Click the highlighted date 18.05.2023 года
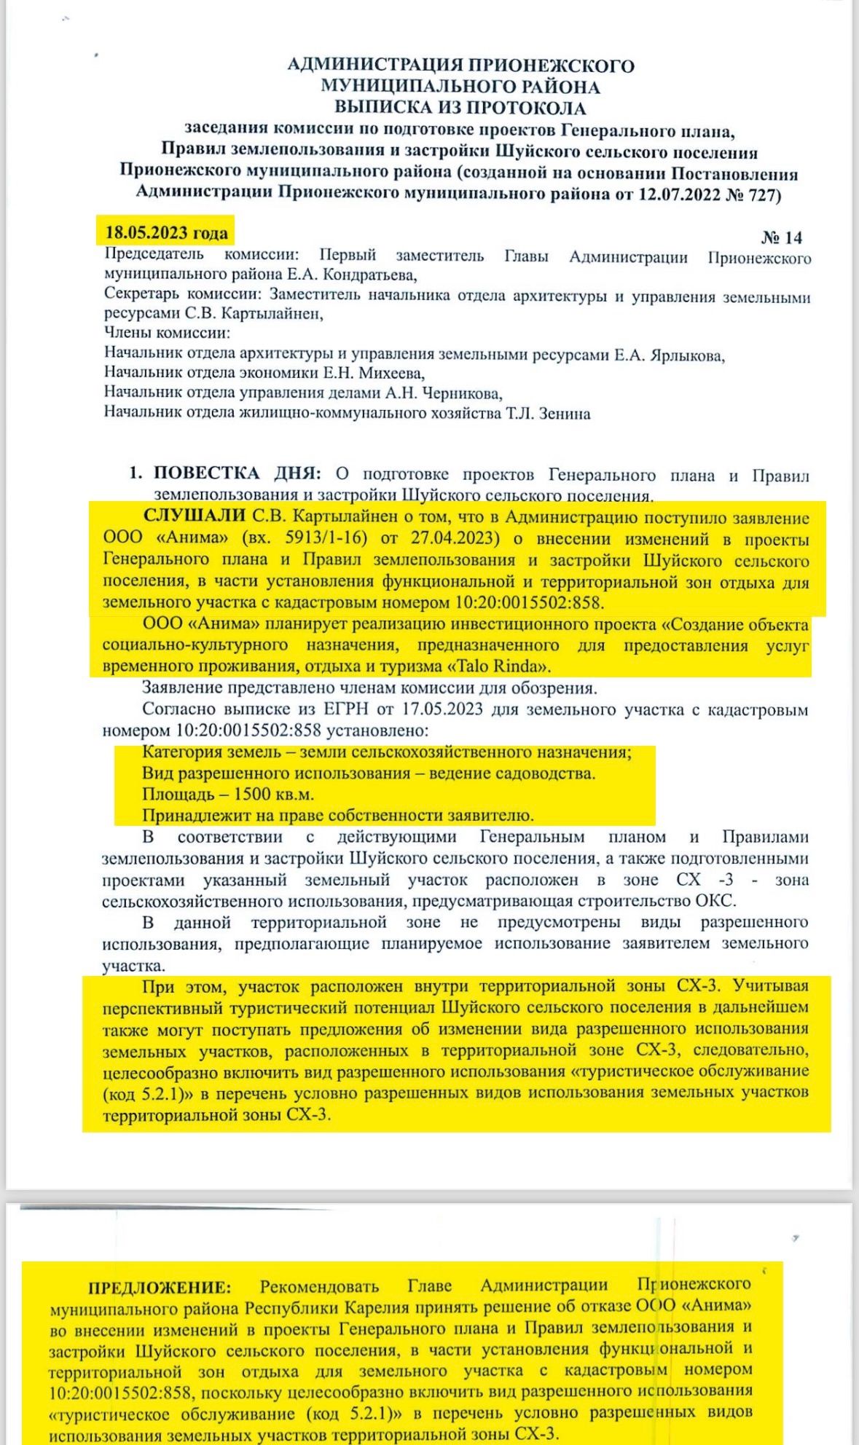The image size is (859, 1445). tap(166, 233)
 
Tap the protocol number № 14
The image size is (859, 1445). tap(781, 237)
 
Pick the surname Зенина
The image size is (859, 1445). tap(563, 414)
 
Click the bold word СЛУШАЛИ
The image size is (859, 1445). tap(195, 517)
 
